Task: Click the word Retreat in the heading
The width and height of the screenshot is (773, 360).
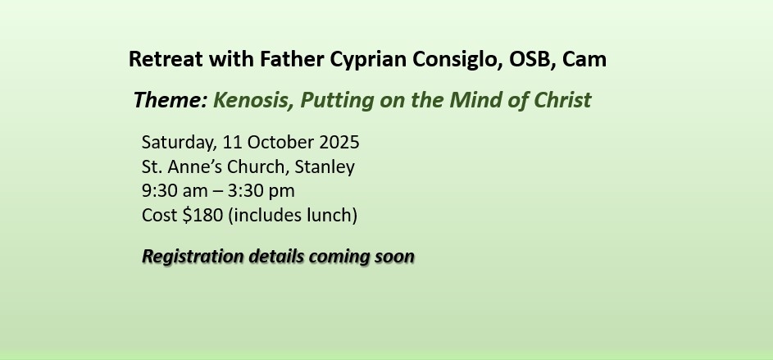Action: pos(166,59)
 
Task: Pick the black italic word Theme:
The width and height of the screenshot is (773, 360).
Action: pos(170,100)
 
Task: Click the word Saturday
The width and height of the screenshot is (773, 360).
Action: pos(179,143)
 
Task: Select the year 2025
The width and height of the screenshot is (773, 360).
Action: pos(339,142)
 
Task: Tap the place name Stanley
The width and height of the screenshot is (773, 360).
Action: pos(325,167)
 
